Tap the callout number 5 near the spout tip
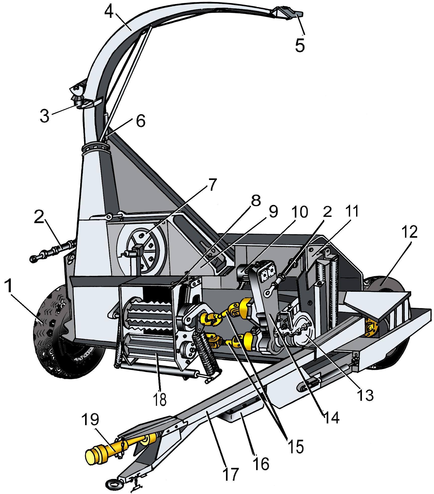(300, 45)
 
